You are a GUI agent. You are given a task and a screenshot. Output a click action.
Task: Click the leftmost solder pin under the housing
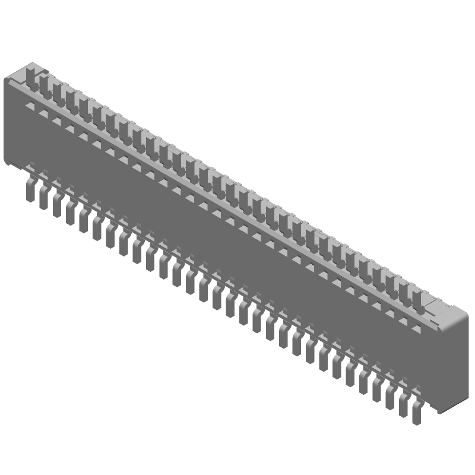(30, 191)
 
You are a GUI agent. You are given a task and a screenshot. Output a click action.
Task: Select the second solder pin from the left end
(43, 198)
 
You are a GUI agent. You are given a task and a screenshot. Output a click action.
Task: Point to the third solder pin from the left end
(56, 205)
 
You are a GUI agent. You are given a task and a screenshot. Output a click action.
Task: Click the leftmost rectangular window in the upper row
(30, 106)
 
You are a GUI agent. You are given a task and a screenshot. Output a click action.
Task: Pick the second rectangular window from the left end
(44, 113)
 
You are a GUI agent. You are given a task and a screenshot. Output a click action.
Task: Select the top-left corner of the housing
(7, 80)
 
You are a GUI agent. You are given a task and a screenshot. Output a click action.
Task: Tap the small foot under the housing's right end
(439, 410)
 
